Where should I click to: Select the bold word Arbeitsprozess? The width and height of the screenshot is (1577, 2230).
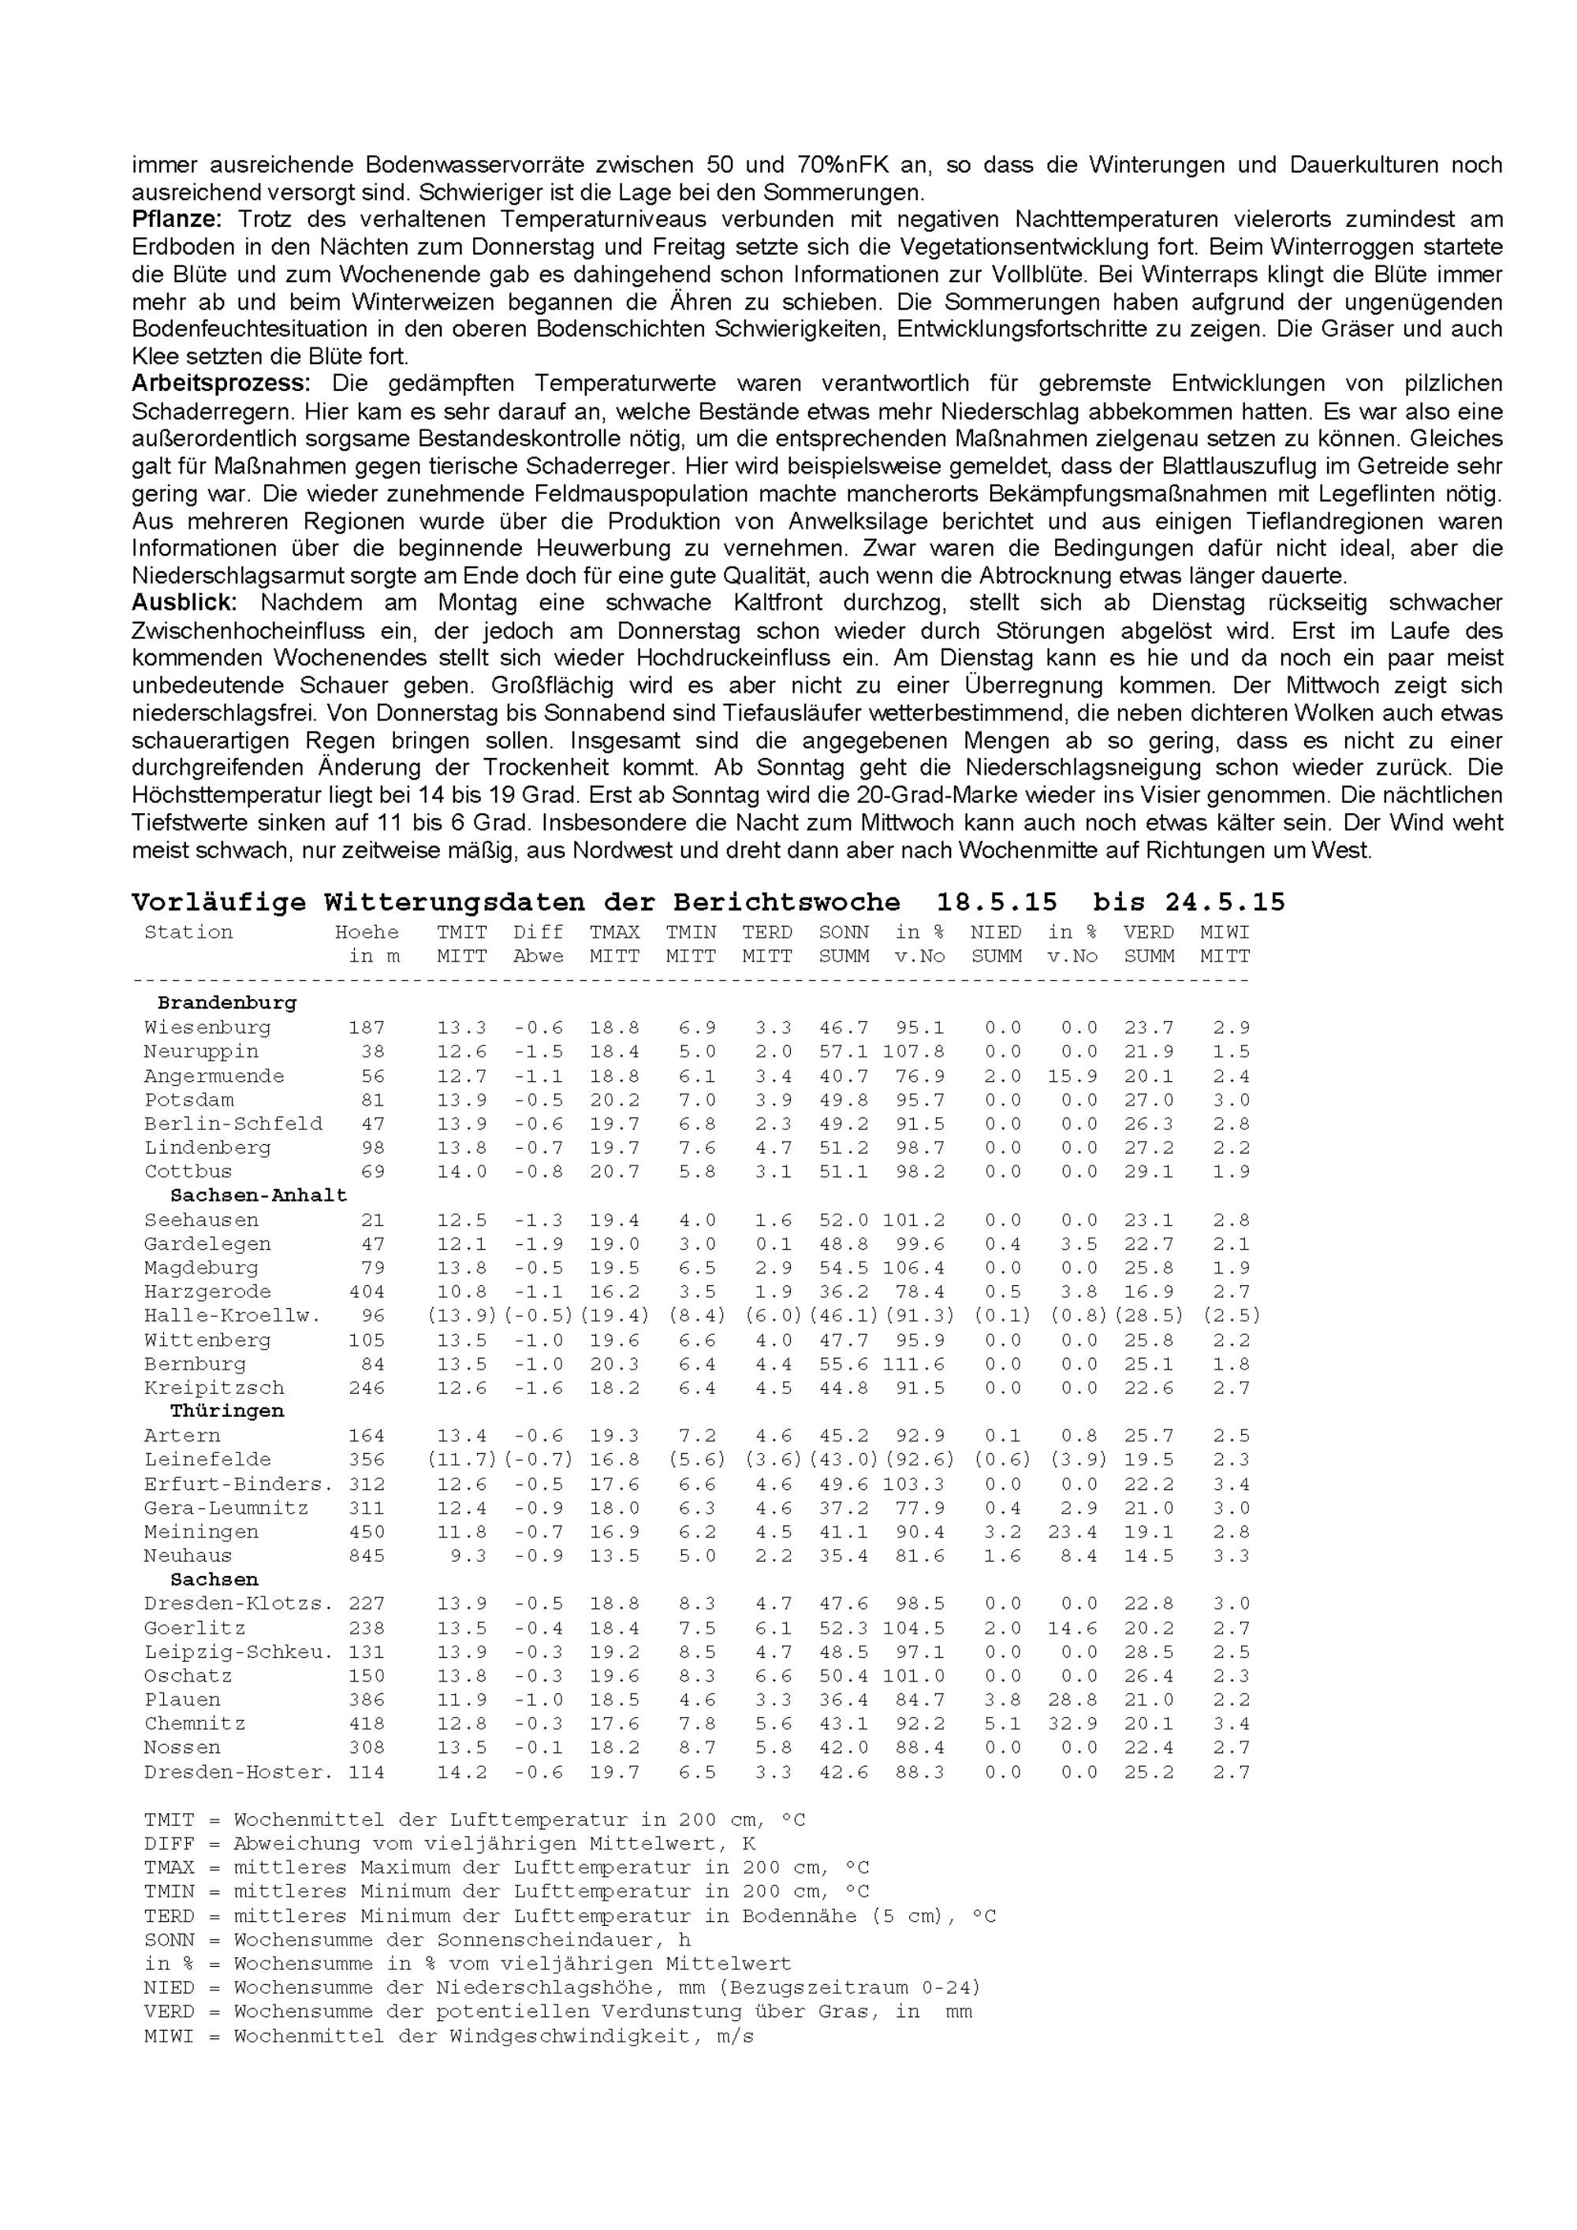(x=221, y=384)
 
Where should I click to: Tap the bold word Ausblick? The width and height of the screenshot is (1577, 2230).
(x=184, y=603)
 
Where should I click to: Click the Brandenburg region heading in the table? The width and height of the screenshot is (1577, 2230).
(x=226, y=1002)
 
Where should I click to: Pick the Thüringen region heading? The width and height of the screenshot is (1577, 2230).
(x=226, y=1411)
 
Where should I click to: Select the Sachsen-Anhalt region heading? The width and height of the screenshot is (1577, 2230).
(x=259, y=1195)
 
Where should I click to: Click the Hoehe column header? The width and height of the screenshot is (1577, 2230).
(x=367, y=932)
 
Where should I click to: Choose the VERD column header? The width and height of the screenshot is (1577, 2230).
(x=1149, y=932)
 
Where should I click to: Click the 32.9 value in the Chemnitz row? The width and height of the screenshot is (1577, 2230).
(x=1072, y=1724)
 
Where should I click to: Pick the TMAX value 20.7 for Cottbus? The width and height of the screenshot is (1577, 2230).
(x=614, y=1171)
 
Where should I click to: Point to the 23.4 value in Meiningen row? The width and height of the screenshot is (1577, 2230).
(x=1072, y=1532)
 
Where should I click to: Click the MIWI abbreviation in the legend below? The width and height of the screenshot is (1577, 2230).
(x=169, y=2035)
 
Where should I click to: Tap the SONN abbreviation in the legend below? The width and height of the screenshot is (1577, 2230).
(x=169, y=1939)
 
